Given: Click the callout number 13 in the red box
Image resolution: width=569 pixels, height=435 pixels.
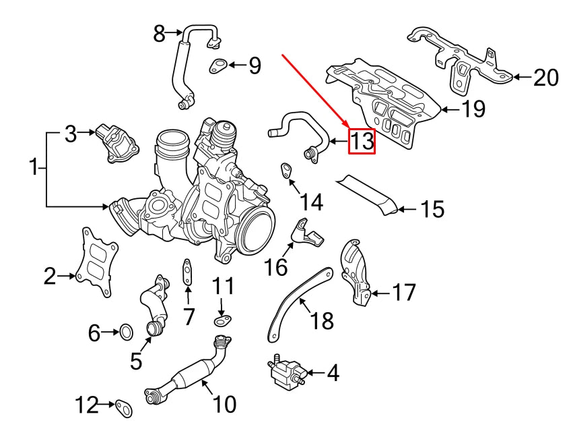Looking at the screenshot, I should point(361,141).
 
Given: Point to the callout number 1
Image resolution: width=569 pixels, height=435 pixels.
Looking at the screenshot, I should point(34,165).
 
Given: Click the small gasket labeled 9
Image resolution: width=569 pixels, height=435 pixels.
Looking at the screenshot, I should point(217,65).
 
